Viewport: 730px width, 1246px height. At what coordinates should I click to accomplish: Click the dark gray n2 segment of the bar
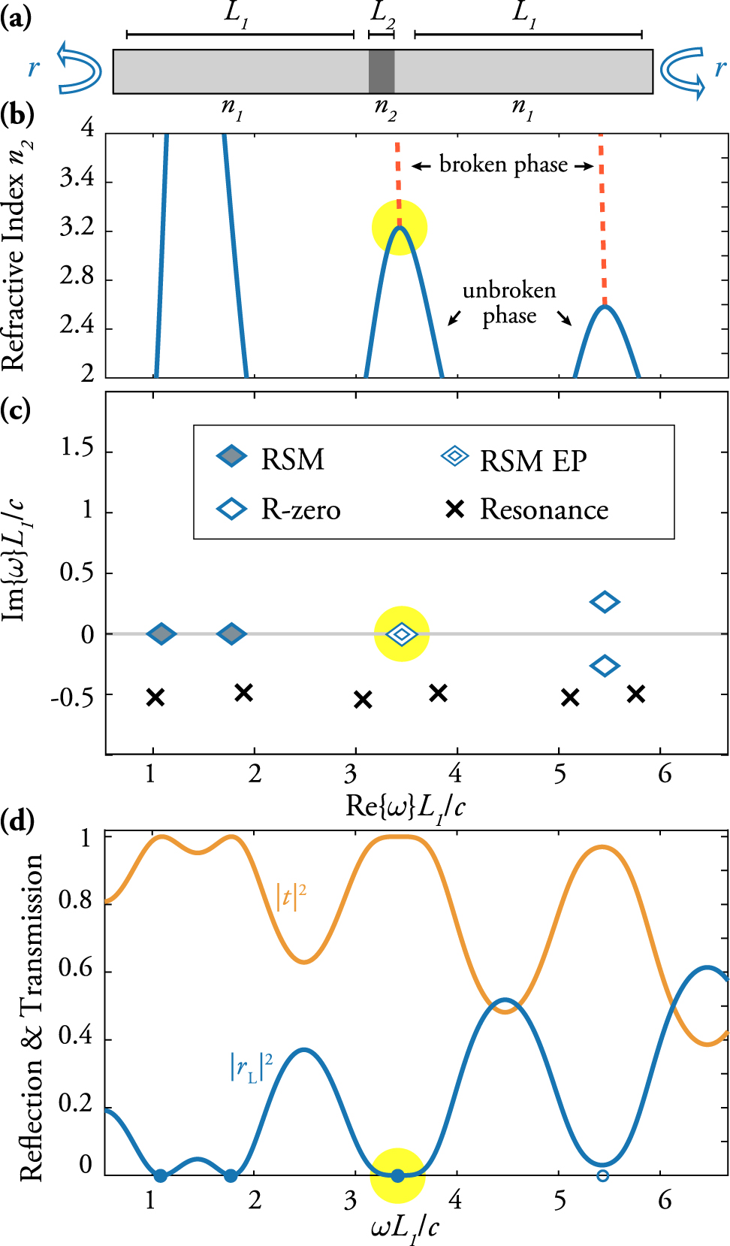[x=382, y=71]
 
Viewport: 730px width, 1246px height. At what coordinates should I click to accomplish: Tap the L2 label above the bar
[x=382, y=14]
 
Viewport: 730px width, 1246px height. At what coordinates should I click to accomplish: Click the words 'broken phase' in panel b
[x=503, y=165]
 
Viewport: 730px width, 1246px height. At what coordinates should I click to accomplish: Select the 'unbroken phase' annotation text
[x=509, y=303]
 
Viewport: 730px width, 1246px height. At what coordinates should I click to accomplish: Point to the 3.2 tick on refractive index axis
[x=77, y=227]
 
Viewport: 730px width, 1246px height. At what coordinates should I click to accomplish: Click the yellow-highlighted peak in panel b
[x=400, y=228]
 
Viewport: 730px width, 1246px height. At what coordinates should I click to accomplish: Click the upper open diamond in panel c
[x=605, y=602]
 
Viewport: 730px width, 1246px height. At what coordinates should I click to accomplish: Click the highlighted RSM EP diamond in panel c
[x=402, y=634]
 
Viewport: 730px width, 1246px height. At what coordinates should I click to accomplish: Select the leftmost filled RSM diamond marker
[x=161, y=634]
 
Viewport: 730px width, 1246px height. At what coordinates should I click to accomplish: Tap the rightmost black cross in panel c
[x=636, y=694]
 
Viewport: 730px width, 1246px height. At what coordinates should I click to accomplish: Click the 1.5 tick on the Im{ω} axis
[x=77, y=449]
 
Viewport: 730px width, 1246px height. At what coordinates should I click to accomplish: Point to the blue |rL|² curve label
[x=251, y=1066]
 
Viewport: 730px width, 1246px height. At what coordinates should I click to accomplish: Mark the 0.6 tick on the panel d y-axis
[x=75, y=969]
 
